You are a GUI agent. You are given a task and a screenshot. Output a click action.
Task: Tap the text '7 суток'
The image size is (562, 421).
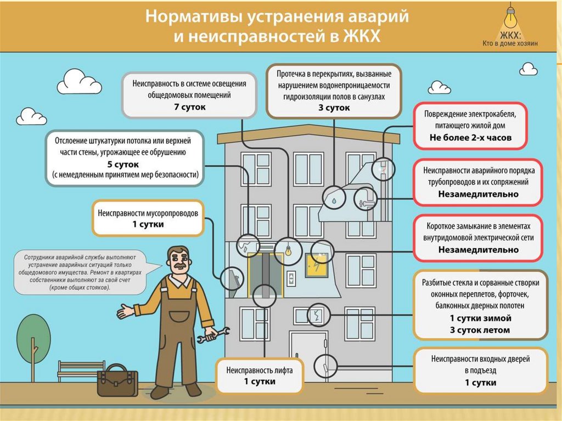pos(189,107)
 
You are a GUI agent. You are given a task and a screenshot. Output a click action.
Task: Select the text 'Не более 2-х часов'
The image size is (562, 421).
pos(470,137)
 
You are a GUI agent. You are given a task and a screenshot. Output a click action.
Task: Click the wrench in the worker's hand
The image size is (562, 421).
pos(215,334)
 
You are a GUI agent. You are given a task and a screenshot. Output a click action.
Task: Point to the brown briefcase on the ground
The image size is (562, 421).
pos(117,380)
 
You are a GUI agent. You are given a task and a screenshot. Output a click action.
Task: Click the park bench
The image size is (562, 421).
pos(81,371)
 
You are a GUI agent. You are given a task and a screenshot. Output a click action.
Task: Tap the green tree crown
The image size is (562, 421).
pos(33,339)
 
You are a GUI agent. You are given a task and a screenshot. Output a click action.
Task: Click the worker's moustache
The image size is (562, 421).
pos(178,268)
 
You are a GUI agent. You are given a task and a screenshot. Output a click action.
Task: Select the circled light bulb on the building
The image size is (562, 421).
pos(288,250)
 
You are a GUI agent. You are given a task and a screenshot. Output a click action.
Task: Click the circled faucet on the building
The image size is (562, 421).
pos(366,199)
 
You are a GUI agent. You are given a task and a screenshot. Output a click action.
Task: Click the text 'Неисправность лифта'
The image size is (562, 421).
pos(259,370)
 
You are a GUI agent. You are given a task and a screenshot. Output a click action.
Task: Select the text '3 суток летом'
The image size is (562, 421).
pos(480,330)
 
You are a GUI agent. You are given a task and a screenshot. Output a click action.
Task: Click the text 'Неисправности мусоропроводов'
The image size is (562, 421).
pos(148,213)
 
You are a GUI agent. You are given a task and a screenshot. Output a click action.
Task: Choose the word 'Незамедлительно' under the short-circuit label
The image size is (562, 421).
pos(479,250)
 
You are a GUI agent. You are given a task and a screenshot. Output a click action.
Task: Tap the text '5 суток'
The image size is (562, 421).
pos(122,165)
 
